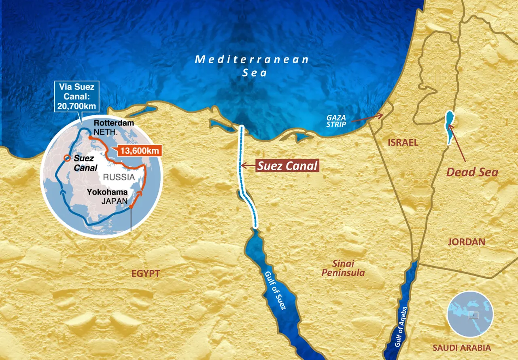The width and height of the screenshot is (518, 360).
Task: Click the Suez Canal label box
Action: click(287, 165)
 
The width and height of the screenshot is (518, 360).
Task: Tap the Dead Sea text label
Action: click(472, 172)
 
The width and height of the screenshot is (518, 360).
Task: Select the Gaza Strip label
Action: click(336, 121)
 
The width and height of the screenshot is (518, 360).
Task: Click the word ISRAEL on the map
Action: click(402, 142)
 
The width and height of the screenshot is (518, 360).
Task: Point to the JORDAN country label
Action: click(466, 242)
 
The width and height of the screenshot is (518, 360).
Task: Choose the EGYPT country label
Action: click(146, 273)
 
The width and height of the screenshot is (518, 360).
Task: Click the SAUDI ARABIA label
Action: click(462, 347)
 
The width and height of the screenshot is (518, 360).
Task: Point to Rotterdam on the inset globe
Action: click(108, 123)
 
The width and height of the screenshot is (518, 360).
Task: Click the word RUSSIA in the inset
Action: click(119, 177)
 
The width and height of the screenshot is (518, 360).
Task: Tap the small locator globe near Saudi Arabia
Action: click(470, 314)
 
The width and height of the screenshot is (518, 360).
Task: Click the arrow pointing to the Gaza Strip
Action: click(368, 117)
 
